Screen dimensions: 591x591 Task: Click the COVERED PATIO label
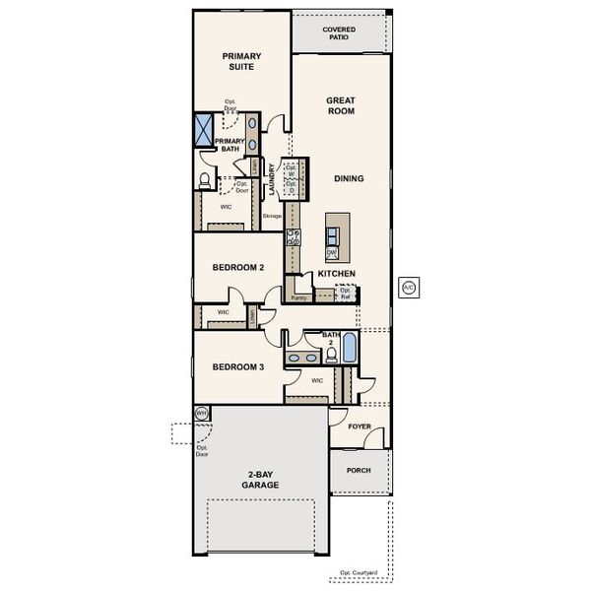click(x=340, y=33)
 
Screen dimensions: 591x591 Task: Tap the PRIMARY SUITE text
click(x=239, y=62)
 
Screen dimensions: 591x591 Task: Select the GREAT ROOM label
click(x=340, y=106)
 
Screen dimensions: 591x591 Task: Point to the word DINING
click(x=348, y=179)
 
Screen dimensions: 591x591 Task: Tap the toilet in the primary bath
click(x=205, y=180)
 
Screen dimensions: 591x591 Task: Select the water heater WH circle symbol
click(x=201, y=413)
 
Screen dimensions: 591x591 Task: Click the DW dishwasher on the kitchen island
click(x=333, y=252)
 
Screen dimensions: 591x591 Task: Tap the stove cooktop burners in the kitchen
click(x=293, y=236)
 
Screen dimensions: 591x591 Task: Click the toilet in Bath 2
click(x=331, y=355)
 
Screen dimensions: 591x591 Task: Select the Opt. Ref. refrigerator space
click(x=346, y=293)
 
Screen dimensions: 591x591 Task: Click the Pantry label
click(x=299, y=296)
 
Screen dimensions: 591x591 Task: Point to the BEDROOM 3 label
click(x=238, y=367)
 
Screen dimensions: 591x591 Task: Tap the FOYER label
click(x=360, y=427)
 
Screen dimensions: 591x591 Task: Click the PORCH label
click(x=359, y=471)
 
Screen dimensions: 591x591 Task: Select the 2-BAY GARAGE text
click(x=261, y=480)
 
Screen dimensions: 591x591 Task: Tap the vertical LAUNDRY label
click(x=272, y=179)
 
